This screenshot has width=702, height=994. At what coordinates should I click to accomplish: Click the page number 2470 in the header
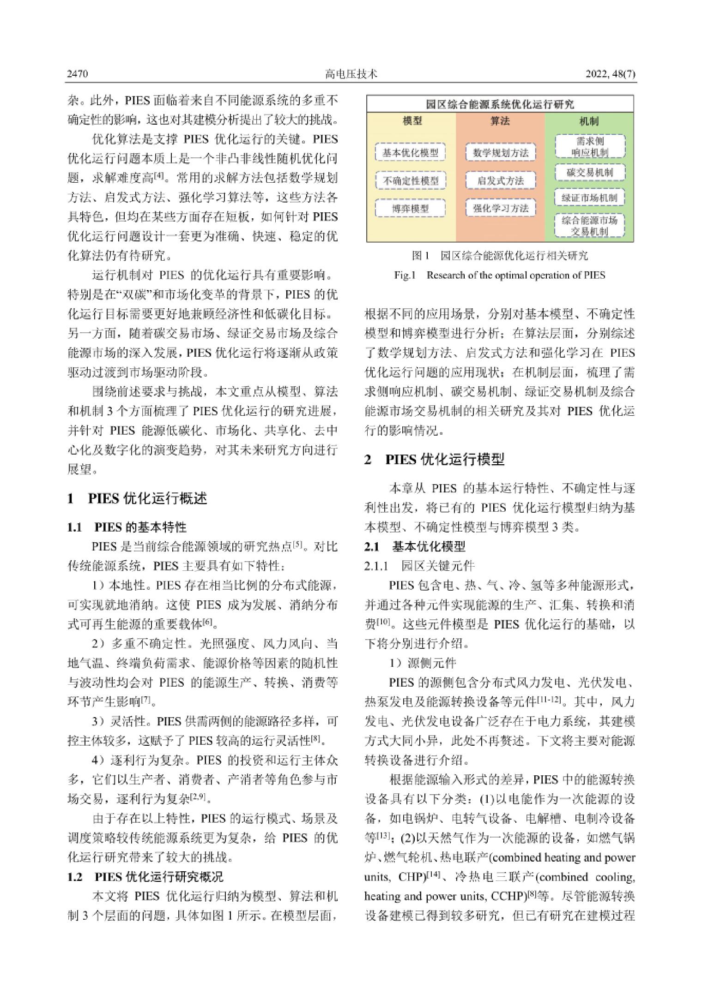[x=78, y=74]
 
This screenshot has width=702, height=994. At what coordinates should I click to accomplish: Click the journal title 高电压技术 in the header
[x=351, y=74]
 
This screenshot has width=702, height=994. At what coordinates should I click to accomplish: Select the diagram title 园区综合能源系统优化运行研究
[x=500, y=104]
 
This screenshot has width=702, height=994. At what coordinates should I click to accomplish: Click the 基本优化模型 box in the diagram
[x=410, y=153]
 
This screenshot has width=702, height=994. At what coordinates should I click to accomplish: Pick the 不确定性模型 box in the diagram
[x=410, y=180]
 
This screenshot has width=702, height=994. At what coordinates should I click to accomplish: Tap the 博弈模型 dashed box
[x=410, y=208]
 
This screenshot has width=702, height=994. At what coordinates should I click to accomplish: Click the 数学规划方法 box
[x=501, y=153]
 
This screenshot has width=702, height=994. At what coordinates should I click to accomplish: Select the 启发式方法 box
[x=501, y=180]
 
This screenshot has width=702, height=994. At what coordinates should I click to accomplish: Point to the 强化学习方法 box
[x=501, y=208]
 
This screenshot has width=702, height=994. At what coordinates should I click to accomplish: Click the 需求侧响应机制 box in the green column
[x=590, y=146]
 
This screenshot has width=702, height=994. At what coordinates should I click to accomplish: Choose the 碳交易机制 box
[x=590, y=173]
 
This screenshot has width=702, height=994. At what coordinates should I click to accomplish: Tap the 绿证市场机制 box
[x=590, y=198]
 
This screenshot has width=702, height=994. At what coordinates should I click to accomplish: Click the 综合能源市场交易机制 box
[x=590, y=226]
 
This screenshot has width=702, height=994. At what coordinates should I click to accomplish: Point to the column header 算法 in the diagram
[x=500, y=121]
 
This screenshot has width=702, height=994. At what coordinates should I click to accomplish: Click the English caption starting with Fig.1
[x=500, y=275]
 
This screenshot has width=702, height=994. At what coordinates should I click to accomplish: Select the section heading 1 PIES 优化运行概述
[x=137, y=498]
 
